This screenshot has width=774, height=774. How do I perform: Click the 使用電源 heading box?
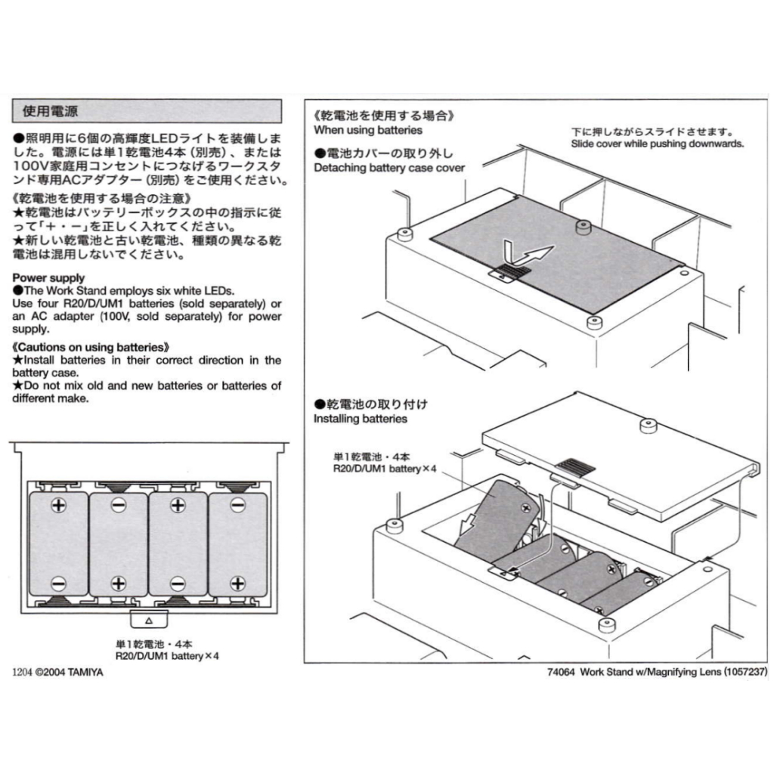point(147,111)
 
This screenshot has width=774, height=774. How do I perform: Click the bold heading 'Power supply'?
point(48,278)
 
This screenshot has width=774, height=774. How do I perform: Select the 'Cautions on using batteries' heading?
point(91,347)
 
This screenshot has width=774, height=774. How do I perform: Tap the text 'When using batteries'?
point(368,130)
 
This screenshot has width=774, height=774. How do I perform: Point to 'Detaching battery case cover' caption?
point(389,168)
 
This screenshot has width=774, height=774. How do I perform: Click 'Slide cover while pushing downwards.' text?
point(657,144)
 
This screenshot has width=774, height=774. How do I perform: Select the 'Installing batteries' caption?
point(361,419)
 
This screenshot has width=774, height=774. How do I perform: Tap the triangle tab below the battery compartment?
point(149,620)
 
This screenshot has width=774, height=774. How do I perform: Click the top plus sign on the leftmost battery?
point(59,505)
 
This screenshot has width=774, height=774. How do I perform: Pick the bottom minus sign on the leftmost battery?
point(59,584)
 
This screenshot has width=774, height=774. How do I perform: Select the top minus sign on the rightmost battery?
point(238,505)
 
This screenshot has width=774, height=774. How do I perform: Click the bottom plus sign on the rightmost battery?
point(238,584)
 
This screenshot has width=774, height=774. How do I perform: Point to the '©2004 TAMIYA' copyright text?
point(69,672)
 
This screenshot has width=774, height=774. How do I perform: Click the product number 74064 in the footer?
point(562,672)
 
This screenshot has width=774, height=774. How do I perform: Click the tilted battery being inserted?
point(496,520)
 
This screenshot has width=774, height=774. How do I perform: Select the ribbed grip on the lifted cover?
point(575,466)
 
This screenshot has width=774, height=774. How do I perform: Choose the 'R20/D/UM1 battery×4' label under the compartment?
point(167,657)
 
